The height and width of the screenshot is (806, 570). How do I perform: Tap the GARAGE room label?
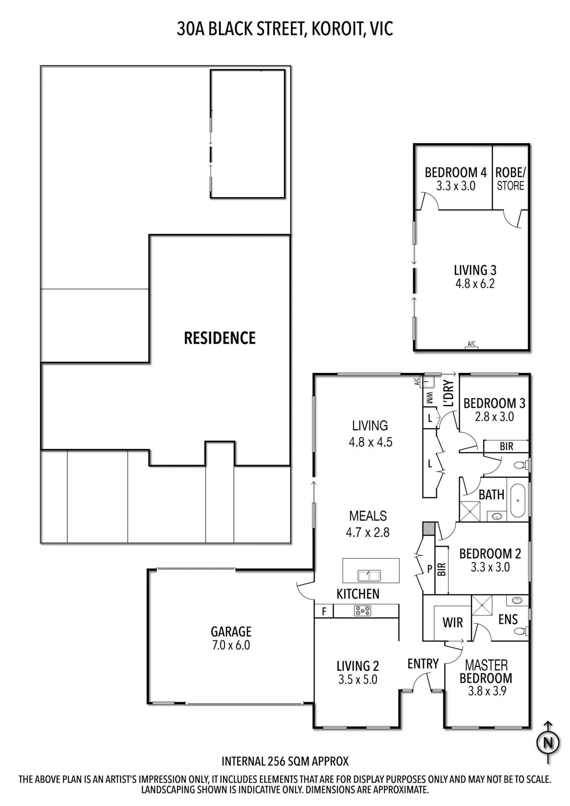pyautogui.click(x=231, y=631)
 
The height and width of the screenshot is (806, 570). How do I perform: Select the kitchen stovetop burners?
pyautogui.click(x=362, y=610)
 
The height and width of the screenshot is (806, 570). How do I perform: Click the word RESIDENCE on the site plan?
pyautogui.click(x=220, y=338)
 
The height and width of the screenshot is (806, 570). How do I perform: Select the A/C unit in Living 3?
pyautogui.click(x=471, y=346)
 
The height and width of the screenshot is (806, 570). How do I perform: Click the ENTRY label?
pyautogui.click(x=423, y=663)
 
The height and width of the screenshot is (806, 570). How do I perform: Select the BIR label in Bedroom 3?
pyautogui.click(x=506, y=446)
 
